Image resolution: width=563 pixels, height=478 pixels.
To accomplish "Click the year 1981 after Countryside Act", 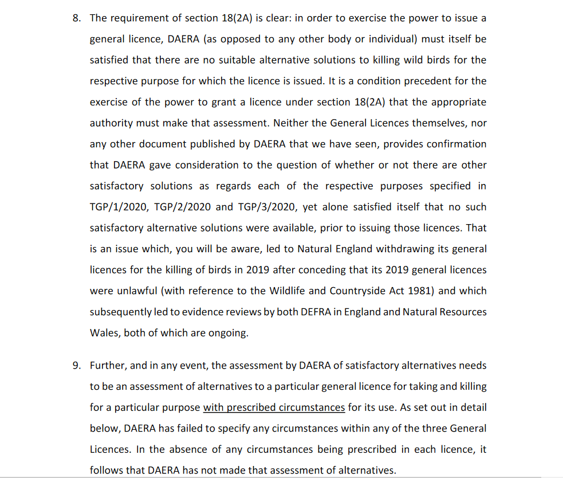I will pos(422,291).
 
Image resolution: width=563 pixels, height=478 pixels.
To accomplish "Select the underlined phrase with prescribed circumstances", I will pos(274,408).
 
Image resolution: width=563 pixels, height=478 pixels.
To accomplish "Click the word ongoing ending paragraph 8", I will pos(229,333).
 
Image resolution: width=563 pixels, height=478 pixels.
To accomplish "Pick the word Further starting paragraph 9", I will pos(109,366).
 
